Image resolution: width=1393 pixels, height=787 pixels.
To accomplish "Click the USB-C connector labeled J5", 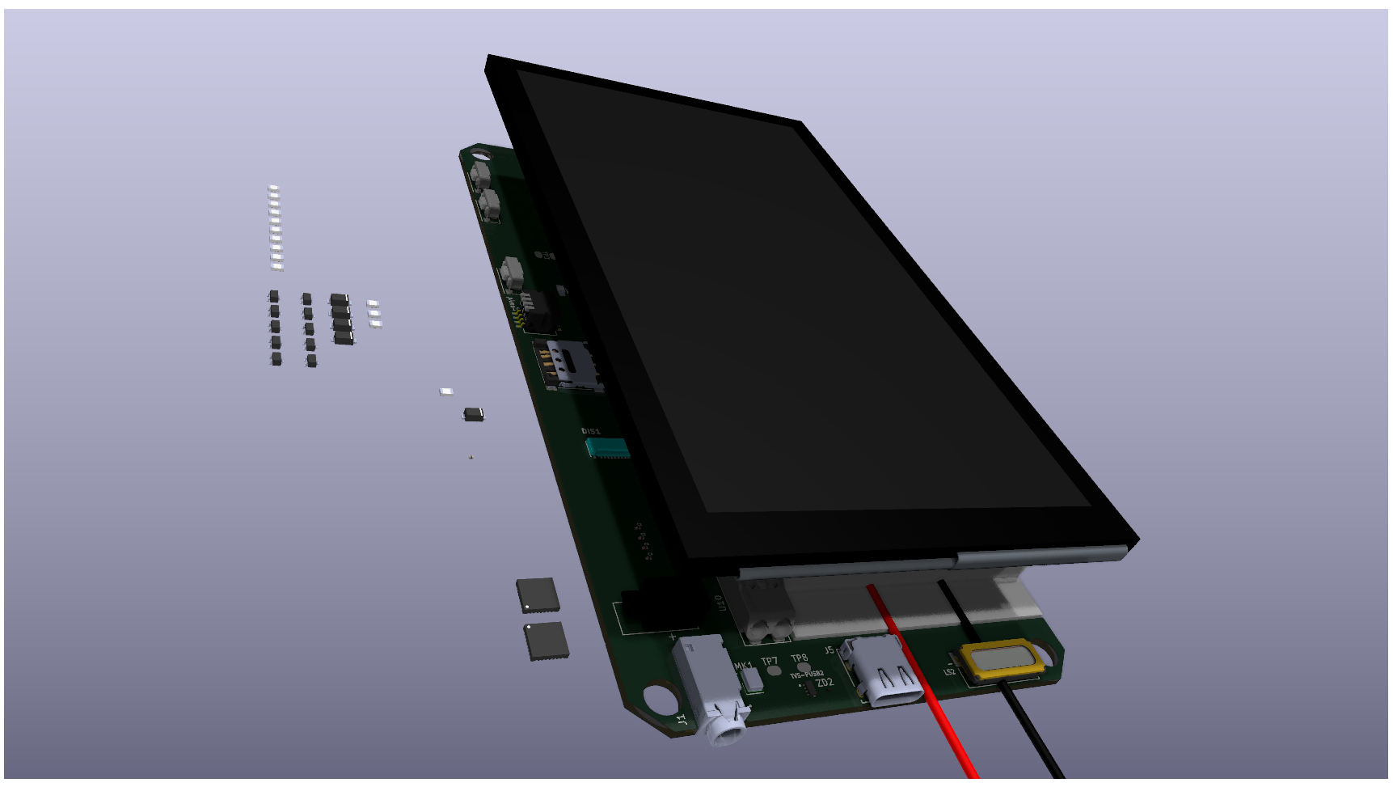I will [x=883, y=671].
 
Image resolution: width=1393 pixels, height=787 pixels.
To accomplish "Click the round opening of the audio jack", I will [x=727, y=734].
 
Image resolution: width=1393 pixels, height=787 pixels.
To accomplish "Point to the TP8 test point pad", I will [x=803, y=668].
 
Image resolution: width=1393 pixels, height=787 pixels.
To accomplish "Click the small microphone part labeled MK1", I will [x=752, y=679].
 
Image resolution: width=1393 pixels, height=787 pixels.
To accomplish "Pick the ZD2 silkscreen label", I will [x=825, y=683].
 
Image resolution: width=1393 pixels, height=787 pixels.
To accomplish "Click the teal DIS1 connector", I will [x=606, y=447].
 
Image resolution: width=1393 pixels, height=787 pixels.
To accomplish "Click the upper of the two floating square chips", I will [x=538, y=594].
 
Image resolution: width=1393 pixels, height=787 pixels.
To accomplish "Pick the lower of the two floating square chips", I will [x=547, y=641].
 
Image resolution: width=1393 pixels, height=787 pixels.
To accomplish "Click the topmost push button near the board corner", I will [x=481, y=173].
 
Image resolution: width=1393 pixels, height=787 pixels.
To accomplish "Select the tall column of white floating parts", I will [x=275, y=227].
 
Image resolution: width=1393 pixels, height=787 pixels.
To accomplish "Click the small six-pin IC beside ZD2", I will [x=808, y=688].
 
